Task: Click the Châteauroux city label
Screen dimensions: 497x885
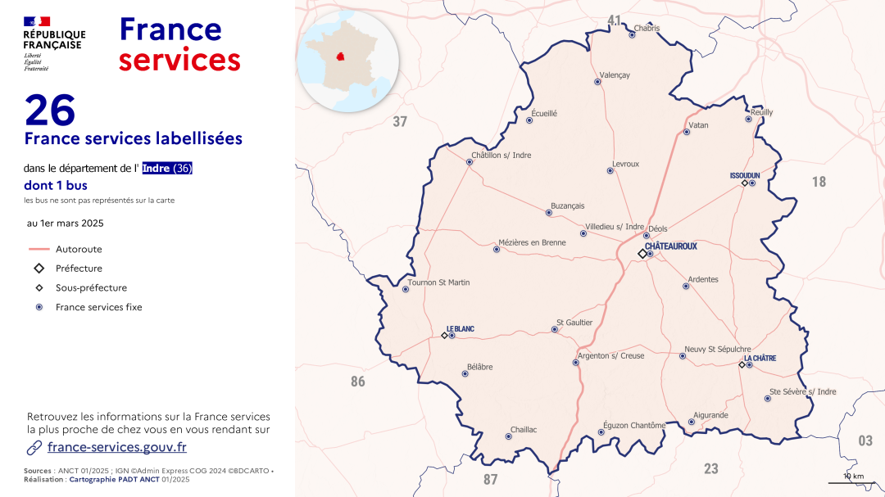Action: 670,246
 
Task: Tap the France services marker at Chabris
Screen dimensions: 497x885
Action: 632,34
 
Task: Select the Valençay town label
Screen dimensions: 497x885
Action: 615,75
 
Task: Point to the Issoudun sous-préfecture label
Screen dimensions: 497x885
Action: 745,175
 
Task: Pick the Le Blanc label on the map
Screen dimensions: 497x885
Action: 460,329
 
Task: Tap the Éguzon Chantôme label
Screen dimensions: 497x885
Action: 634,425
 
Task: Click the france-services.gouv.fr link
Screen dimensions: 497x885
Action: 117,447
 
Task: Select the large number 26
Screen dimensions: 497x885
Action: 50,110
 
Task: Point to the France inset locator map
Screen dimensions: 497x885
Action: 347,61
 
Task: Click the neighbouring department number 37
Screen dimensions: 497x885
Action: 400,122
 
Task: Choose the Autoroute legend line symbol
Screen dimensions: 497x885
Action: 39,249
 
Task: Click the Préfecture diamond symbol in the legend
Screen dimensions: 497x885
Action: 39,269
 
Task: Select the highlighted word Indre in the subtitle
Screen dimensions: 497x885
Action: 157,169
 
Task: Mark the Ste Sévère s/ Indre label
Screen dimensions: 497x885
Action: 803,391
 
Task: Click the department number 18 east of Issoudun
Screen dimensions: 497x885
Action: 819,182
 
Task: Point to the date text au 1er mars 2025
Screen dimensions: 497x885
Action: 66,223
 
